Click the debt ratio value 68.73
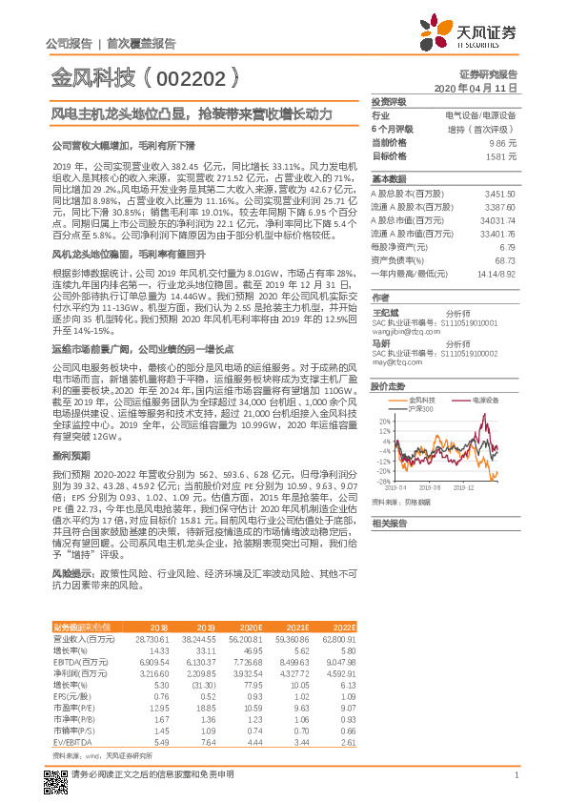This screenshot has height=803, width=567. click(x=505, y=260)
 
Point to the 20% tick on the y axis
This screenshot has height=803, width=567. click(x=383, y=421)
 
